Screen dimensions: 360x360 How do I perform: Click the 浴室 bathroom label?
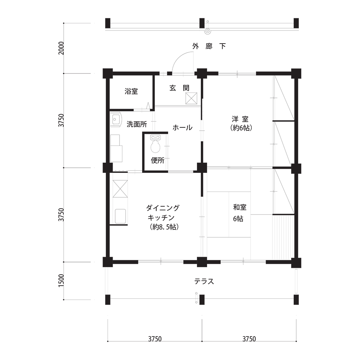tap(131, 91)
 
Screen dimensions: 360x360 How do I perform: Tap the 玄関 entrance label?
tap(180, 88)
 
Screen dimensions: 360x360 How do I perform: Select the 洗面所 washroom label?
tap(137, 124)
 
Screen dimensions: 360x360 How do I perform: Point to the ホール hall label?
tap(182, 128)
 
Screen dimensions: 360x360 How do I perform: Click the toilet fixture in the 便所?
tap(156, 144)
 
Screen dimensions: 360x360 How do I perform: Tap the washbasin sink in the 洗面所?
tap(116, 120)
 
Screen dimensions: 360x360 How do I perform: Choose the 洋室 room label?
tap(240, 119)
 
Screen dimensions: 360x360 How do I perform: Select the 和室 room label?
tap(240, 207)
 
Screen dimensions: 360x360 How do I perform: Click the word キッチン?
tap(161, 217)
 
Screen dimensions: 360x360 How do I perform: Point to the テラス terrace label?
tap(204, 281)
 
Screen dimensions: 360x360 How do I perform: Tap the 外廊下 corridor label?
tap(209, 46)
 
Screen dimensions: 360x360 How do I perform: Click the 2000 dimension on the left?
tap(61, 48)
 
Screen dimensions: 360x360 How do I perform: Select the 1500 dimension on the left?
tap(61, 280)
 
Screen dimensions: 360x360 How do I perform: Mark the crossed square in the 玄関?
tap(192, 98)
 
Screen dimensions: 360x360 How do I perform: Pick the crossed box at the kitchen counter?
tap(120, 189)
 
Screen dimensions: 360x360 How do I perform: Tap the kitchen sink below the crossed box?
tap(120, 216)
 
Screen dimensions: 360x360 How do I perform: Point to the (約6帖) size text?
tap(241, 128)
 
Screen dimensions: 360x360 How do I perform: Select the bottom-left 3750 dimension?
tap(155, 339)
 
